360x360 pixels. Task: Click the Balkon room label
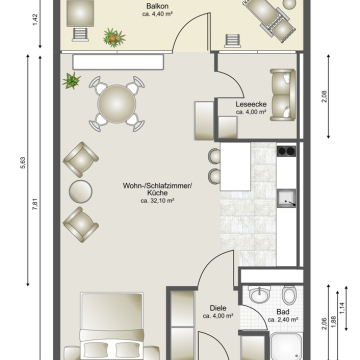157,6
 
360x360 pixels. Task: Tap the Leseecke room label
251,104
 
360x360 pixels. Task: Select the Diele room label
218,308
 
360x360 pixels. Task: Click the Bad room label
283,312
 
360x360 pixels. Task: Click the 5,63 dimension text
23,163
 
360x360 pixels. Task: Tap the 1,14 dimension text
342,308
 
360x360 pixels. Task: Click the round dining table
117,104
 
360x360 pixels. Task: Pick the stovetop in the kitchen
286,151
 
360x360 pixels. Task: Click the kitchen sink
286,198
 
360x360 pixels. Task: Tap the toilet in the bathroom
289,295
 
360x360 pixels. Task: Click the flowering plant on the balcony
114,37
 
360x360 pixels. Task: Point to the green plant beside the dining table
72,81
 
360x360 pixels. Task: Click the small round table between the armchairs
81,191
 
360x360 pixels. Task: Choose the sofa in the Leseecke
283,95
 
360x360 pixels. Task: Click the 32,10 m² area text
158,201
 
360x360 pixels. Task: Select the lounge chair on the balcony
269,20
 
